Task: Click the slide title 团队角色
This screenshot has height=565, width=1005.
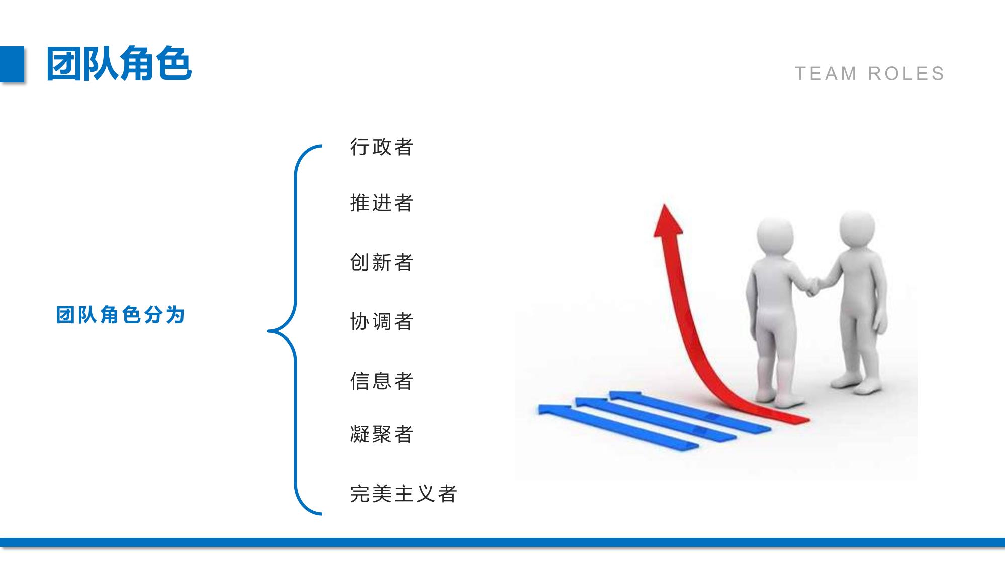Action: tap(119, 64)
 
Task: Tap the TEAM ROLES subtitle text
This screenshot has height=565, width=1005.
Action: tap(870, 74)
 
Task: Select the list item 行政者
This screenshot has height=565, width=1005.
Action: tap(382, 147)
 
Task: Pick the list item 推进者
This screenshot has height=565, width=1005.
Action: tap(382, 203)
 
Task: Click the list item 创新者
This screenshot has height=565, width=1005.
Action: tap(382, 263)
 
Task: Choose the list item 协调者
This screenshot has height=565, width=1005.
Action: tap(382, 322)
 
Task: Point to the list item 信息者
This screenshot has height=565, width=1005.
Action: tap(382, 381)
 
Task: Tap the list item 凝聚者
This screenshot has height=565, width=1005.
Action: tap(382, 434)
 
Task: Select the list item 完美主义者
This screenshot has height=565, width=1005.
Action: tap(404, 494)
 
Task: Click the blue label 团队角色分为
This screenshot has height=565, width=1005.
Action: tap(121, 315)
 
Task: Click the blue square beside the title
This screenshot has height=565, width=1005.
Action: tap(12, 64)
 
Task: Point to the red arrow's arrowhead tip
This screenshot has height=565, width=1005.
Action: tap(664, 204)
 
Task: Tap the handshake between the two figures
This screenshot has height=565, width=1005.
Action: tap(811, 286)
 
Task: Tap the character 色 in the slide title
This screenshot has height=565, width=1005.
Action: tap(174, 64)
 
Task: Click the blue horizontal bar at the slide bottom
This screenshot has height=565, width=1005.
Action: tap(502, 542)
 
